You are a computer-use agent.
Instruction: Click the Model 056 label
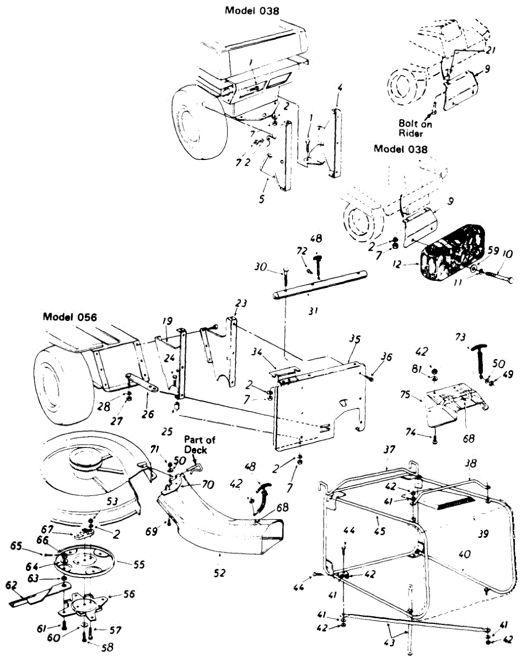70,317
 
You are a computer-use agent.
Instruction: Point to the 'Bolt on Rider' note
416,125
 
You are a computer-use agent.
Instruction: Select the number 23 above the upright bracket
240,303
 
